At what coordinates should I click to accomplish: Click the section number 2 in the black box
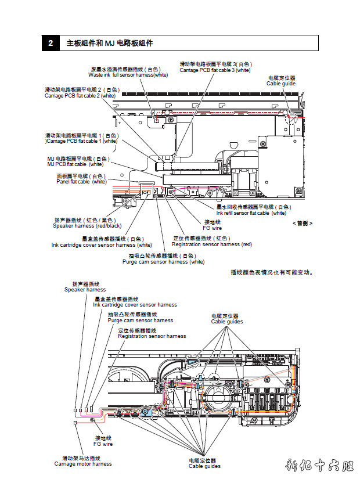51,43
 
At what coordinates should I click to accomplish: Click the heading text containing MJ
110,43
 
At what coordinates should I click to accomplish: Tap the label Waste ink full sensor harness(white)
128,74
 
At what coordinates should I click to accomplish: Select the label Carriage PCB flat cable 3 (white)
215,70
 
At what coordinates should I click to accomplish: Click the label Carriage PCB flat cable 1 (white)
81,141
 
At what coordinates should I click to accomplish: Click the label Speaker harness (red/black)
88,225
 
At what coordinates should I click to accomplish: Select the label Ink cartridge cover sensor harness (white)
102,244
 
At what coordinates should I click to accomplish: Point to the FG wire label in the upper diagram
212,228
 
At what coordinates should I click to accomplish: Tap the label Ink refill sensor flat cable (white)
251,213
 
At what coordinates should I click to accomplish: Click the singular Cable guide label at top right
281,84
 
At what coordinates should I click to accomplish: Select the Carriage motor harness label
83,463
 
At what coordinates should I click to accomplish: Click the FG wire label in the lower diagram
103,444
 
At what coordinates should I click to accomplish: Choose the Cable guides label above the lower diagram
227,321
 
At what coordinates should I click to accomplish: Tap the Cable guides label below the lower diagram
204,466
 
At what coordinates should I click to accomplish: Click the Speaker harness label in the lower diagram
85,290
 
